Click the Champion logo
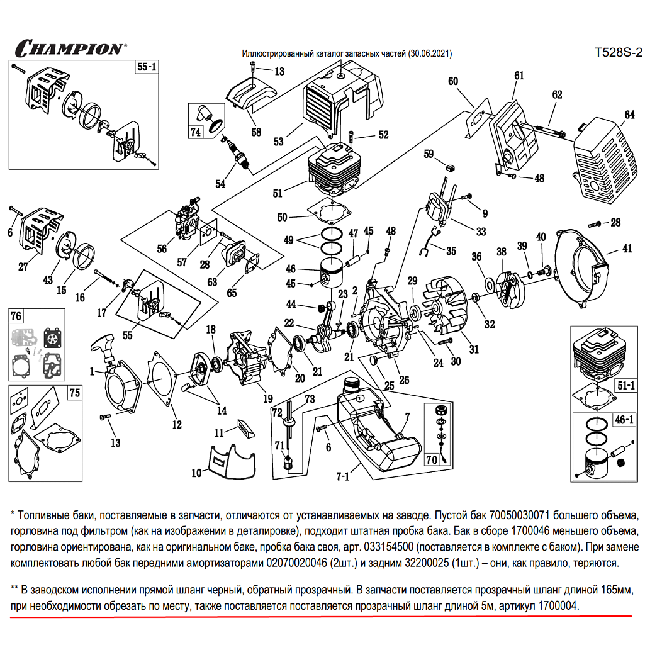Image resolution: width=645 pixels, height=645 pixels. click(x=70, y=48)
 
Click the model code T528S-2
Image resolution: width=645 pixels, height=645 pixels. click(x=617, y=53)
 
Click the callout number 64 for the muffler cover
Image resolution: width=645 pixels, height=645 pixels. click(x=629, y=115)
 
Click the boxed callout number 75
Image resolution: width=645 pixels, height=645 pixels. click(x=74, y=393)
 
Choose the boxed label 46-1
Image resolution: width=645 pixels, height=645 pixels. click(x=624, y=420)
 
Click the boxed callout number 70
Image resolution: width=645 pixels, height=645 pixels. click(x=432, y=459)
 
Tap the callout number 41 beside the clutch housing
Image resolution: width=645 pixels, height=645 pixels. click(x=627, y=249)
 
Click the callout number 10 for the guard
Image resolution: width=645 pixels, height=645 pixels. click(x=196, y=472)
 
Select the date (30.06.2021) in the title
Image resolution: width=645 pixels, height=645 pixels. click(x=430, y=54)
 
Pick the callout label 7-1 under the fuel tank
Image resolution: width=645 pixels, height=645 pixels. click(x=342, y=476)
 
